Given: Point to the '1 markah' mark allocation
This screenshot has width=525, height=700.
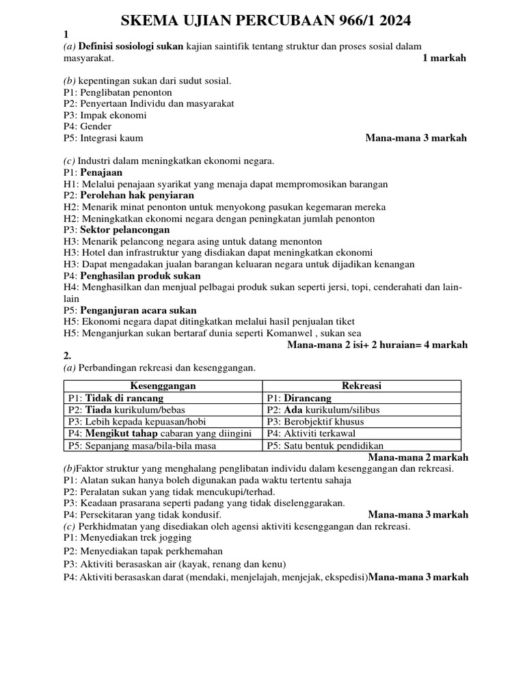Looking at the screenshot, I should (444, 58).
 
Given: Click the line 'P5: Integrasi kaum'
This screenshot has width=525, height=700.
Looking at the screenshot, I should (103, 138).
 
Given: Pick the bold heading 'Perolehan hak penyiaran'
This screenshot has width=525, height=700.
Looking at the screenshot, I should (137, 196).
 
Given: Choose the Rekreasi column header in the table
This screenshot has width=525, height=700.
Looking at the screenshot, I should (362, 386).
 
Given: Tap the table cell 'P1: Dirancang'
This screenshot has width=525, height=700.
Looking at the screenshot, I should (299, 398).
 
